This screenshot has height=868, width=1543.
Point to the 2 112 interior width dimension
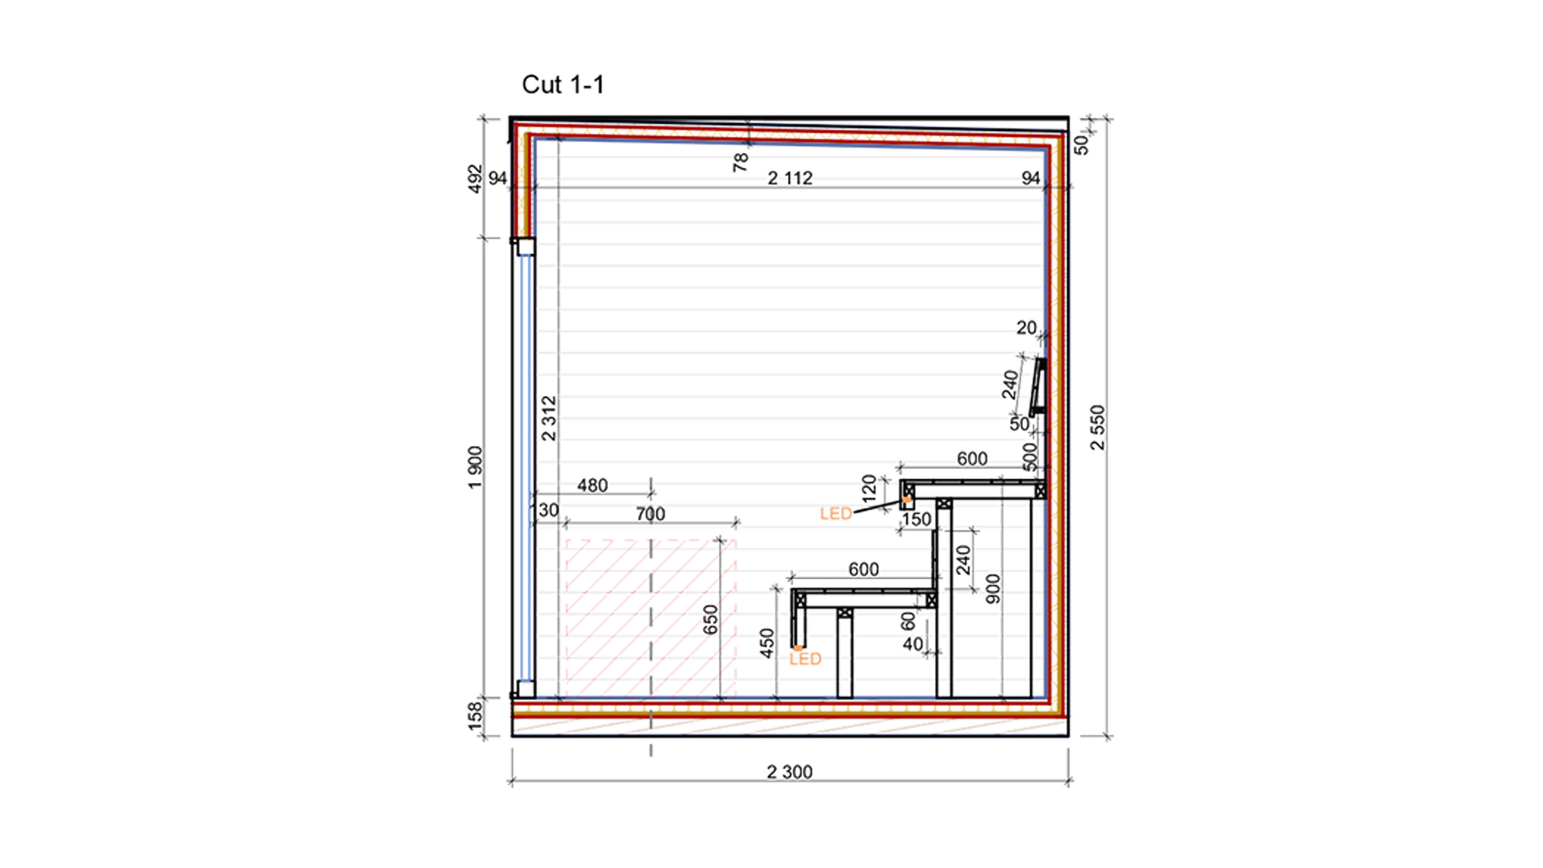click(790, 178)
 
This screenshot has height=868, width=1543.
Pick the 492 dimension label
click(475, 179)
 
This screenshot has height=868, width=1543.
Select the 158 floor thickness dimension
click(475, 716)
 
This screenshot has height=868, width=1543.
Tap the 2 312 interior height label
click(549, 418)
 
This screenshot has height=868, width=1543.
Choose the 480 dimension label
click(593, 485)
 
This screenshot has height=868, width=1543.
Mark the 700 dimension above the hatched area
click(650, 514)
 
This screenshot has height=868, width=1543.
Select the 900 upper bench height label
click(993, 588)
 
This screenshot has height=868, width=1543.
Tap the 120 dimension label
click(869, 488)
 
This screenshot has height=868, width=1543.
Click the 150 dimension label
click(917, 519)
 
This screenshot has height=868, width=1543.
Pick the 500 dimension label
click(1030, 456)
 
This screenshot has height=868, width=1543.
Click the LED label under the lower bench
click(805, 659)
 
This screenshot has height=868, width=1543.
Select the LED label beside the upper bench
click(836, 513)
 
